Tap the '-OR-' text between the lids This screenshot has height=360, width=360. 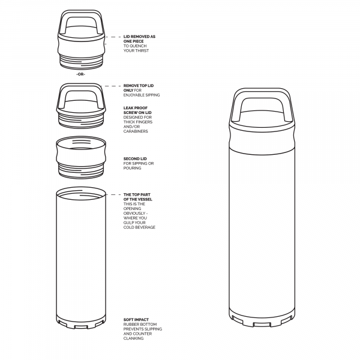(81, 74)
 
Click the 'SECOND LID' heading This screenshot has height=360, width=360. (134, 158)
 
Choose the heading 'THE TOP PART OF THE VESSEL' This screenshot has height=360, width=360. (137, 197)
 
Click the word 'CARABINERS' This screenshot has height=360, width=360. (136, 131)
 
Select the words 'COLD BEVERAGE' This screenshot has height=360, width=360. (139, 227)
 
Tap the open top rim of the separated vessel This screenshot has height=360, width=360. (81, 193)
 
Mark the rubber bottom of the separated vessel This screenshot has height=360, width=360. (81, 323)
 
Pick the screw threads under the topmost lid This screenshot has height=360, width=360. (81, 61)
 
